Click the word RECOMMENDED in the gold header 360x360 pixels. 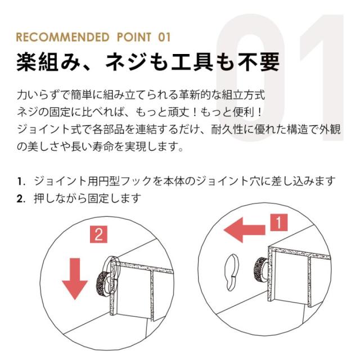pos(62,37)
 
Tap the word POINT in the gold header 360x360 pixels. pos(134,37)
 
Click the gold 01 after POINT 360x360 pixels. pos(164,37)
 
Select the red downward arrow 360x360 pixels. pos(75,279)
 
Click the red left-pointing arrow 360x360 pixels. pos(244,230)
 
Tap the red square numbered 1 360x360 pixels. pos(279,223)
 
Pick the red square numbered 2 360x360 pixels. pos(98,235)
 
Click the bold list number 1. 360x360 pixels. pos(20,182)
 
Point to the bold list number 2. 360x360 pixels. pos(20,199)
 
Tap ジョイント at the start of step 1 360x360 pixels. pos(61,182)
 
